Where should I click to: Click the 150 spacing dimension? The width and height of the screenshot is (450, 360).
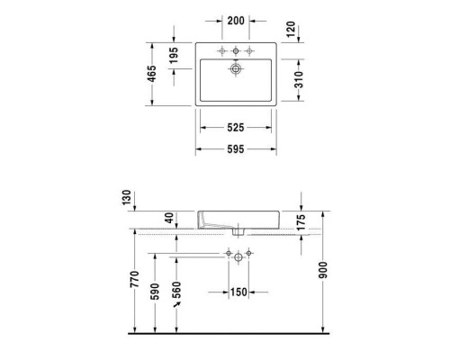[238, 292]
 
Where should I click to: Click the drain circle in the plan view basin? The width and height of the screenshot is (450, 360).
[238, 67]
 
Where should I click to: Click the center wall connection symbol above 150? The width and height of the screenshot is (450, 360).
[238, 256]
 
